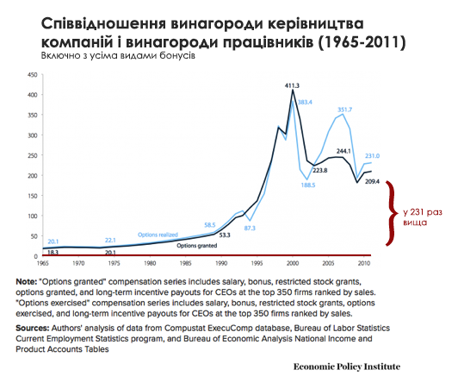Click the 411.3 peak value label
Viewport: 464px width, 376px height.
pyautogui.click(x=293, y=85)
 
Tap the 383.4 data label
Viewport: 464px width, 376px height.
pyautogui.click(x=306, y=103)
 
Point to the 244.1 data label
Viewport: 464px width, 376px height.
pyautogui.click(x=343, y=150)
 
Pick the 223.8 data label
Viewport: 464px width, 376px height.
pyautogui.click(x=321, y=171)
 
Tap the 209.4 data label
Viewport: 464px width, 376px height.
pyautogui.click(x=371, y=184)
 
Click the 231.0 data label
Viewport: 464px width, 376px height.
pyautogui.click(x=372, y=155)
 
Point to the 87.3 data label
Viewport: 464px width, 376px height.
pyautogui.click(x=250, y=228)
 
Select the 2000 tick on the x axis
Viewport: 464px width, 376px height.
pyautogui.click(x=294, y=263)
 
